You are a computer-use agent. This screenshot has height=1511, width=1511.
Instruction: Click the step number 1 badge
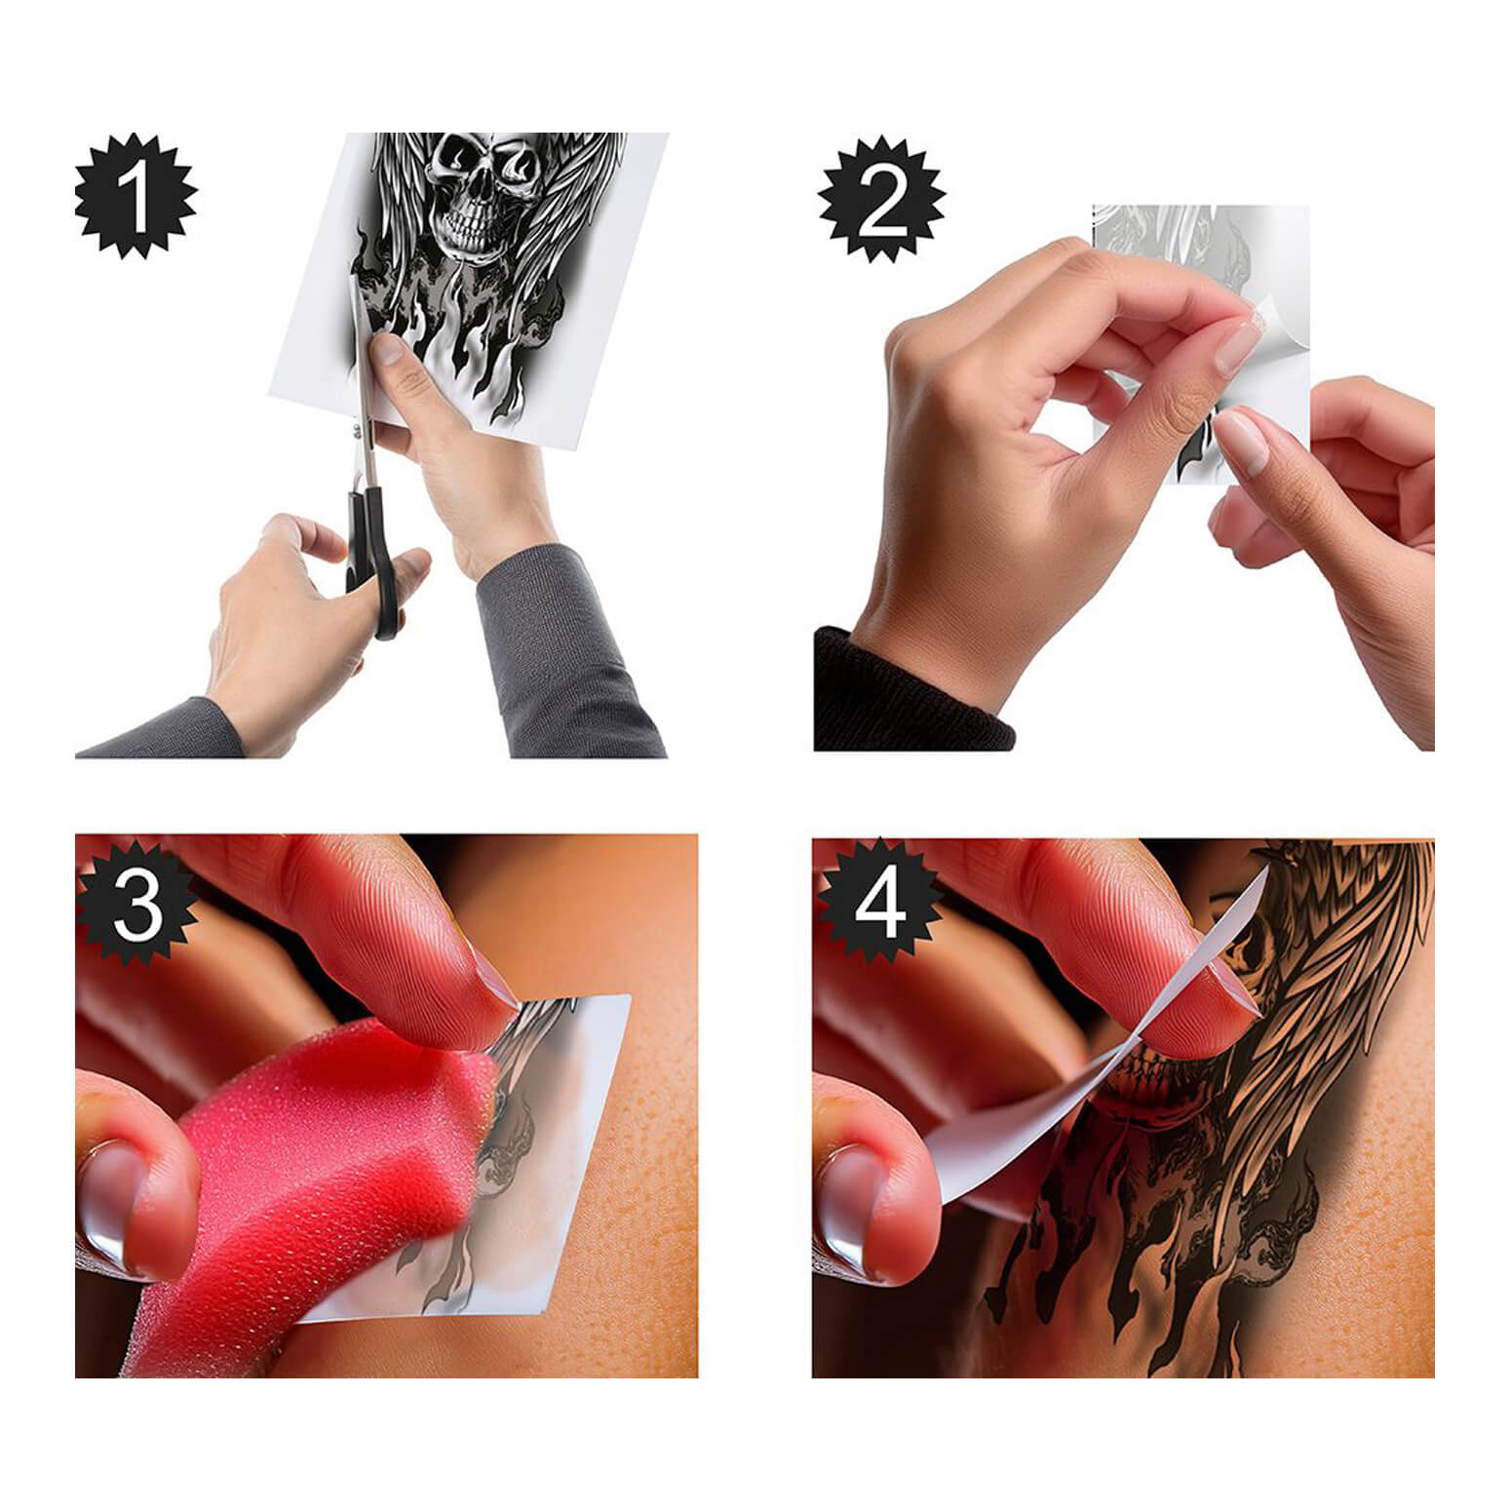tap(136, 197)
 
